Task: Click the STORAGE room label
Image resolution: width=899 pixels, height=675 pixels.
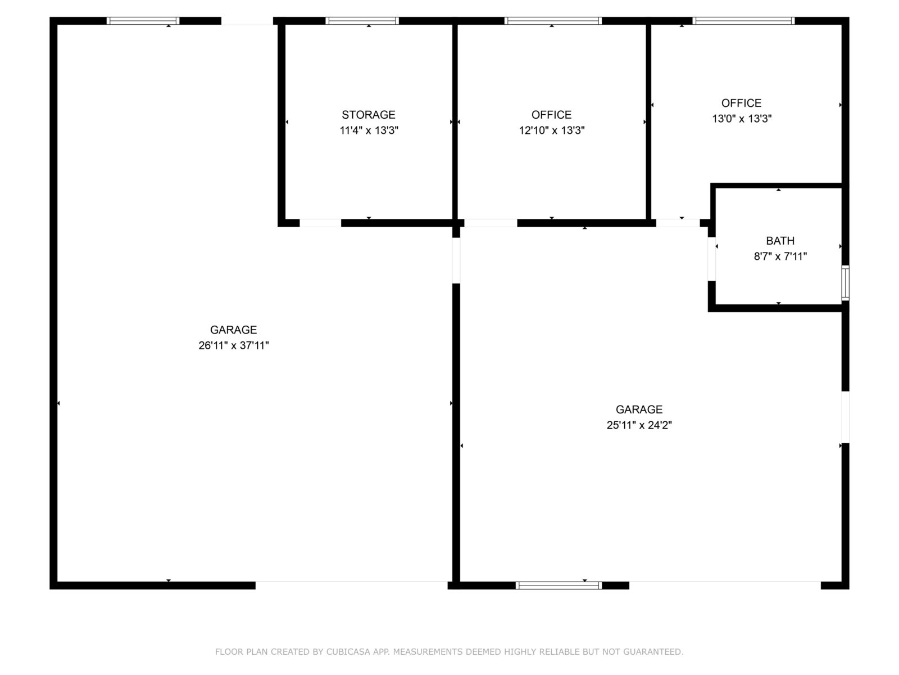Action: pyautogui.click(x=368, y=115)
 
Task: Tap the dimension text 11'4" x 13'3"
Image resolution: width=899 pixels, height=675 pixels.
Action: pyautogui.click(x=369, y=130)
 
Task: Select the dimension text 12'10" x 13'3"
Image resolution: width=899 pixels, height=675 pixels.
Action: pyautogui.click(x=551, y=130)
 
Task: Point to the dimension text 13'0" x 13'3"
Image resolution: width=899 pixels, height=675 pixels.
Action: pyautogui.click(x=741, y=119)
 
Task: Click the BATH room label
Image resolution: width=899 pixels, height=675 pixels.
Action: pyautogui.click(x=780, y=241)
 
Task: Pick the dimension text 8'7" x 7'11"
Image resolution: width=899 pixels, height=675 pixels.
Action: pyautogui.click(x=780, y=256)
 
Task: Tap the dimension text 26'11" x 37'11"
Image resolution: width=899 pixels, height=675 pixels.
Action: pyautogui.click(x=233, y=345)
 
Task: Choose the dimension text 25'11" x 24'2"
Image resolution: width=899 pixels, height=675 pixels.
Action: pyautogui.click(x=639, y=425)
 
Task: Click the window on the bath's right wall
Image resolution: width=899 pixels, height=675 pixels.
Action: pyautogui.click(x=845, y=283)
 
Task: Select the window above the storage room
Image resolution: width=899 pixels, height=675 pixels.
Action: pyautogui.click(x=362, y=21)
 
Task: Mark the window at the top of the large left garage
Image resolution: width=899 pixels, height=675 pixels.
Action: pyautogui.click(x=143, y=21)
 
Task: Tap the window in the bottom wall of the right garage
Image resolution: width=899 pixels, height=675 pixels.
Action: pyautogui.click(x=559, y=585)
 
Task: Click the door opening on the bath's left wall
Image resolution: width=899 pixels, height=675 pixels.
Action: pyautogui.click(x=711, y=259)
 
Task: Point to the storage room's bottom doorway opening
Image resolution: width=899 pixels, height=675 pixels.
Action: pyautogui.click(x=320, y=223)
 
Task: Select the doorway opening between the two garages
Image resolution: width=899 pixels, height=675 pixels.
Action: pyautogui.click(x=456, y=260)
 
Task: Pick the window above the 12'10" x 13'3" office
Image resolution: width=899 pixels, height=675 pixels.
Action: pyautogui.click(x=553, y=21)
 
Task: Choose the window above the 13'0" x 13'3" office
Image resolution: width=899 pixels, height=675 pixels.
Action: pyautogui.click(x=743, y=21)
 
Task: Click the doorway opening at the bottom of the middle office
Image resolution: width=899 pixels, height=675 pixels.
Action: pyautogui.click(x=491, y=223)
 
